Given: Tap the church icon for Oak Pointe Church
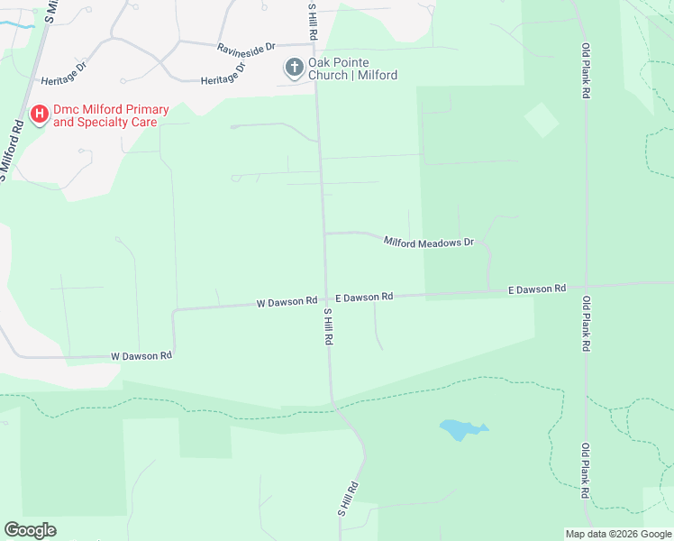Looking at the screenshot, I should tap(294, 67).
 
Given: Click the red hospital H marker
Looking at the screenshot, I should tap(40, 115).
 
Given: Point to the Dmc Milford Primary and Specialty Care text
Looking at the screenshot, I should tap(110, 115).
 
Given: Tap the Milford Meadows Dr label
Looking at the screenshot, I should tap(428, 242).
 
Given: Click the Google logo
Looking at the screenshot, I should tap(30, 530).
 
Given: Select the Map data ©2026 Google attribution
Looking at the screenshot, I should tap(618, 534).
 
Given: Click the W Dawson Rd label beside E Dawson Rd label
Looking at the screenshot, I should tap(287, 301).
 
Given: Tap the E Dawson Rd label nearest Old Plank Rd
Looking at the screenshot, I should tap(537, 289).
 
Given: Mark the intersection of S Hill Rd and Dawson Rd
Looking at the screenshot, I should tap(326, 299).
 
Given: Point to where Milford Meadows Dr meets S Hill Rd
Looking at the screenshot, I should tap(324, 233).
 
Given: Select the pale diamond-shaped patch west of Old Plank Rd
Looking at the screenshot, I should tap(541, 120).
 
